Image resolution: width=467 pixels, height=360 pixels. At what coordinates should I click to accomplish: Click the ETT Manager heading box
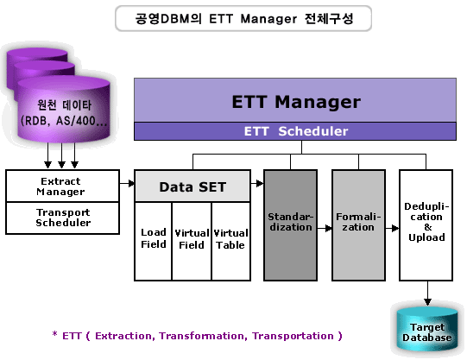(x=295, y=100)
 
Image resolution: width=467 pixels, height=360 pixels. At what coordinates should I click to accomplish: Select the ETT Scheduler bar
(x=295, y=131)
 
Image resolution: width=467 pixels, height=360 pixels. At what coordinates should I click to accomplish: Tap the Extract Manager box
(x=62, y=186)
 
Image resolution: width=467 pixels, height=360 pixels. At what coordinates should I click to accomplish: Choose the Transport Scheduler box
(x=62, y=218)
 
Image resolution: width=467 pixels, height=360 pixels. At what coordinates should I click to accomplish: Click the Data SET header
(x=192, y=186)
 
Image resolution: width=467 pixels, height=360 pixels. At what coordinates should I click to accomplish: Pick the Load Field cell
(x=153, y=241)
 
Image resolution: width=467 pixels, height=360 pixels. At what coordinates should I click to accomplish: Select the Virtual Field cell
(x=192, y=241)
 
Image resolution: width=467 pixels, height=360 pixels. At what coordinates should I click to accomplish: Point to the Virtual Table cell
(x=230, y=241)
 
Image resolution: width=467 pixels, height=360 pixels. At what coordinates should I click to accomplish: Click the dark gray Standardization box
(x=290, y=225)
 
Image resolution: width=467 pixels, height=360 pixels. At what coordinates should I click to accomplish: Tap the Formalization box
(x=358, y=225)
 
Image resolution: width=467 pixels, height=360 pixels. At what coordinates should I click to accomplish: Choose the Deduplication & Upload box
(x=426, y=225)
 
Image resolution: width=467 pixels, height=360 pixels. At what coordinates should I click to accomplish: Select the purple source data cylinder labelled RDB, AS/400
(x=63, y=111)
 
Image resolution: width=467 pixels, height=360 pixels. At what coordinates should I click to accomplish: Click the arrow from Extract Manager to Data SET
(x=127, y=183)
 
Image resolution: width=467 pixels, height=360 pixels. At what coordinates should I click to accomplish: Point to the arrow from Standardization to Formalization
(x=325, y=229)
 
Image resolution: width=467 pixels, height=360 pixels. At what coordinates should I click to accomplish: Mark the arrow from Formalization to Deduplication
(x=392, y=229)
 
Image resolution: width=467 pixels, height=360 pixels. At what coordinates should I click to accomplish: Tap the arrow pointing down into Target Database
(x=427, y=293)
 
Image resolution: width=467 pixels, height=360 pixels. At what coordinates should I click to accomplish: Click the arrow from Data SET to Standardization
(x=257, y=183)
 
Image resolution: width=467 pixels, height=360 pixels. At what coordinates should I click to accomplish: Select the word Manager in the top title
(x=268, y=19)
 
